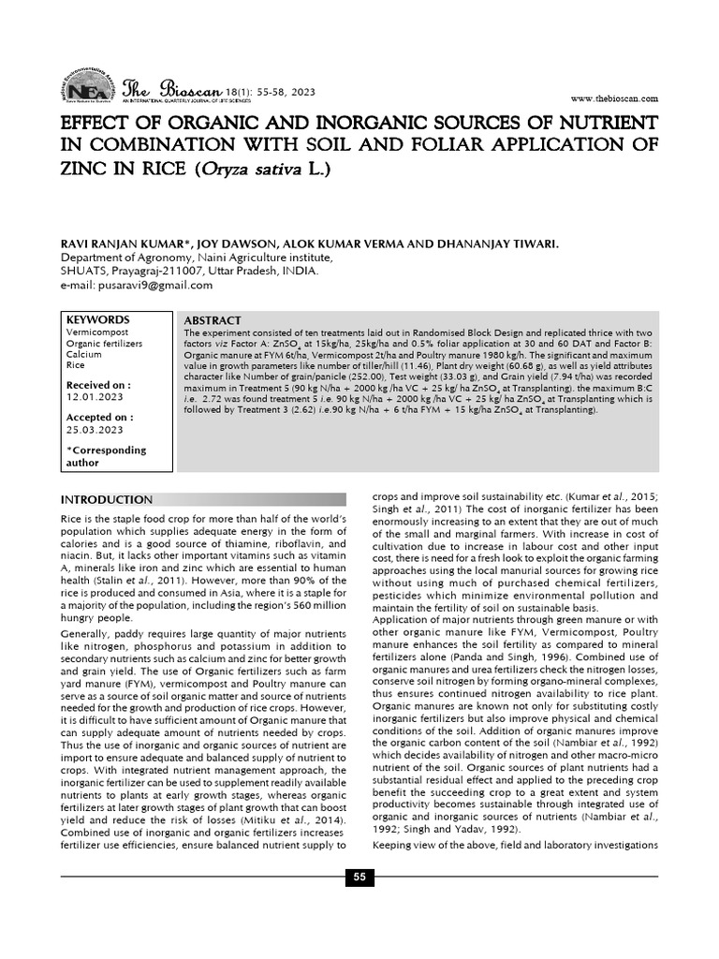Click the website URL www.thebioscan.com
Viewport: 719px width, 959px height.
click(613, 98)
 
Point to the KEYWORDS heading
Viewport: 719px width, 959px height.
click(98, 319)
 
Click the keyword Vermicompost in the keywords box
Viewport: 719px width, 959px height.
click(98, 332)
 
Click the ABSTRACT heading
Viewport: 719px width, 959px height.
click(213, 321)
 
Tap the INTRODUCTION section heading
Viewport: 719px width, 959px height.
click(106, 499)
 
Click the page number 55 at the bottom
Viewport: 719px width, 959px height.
click(359, 877)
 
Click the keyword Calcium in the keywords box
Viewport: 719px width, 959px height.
click(84, 355)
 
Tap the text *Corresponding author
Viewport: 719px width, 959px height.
click(106, 456)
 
